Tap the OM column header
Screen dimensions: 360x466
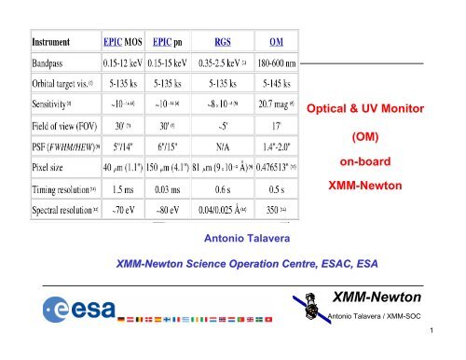point(277,42)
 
